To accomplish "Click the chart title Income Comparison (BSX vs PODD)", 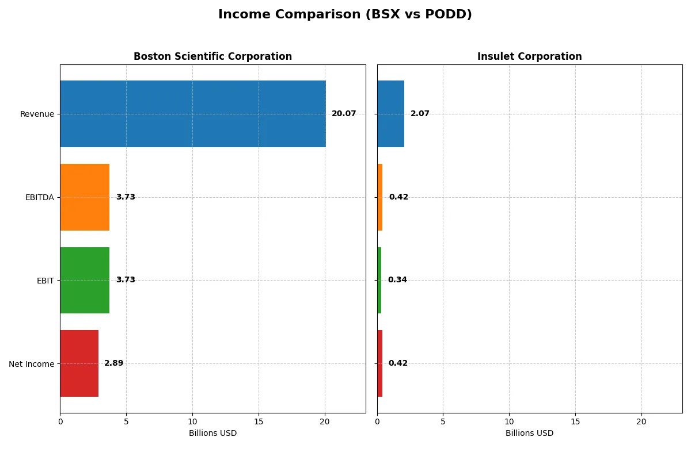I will click(345, 15).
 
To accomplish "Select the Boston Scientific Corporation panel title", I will click(212, 56).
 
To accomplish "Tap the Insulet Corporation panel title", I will click(529, 56).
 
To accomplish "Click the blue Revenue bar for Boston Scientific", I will click(193, 114).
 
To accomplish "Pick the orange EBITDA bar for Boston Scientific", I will click(85, 197).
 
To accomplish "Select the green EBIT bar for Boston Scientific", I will click(85, 280).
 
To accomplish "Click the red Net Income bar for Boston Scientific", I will click(79, 363).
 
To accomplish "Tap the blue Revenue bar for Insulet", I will click(390, 114).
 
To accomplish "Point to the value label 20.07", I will click(344, 114).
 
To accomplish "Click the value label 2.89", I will click(113, 363).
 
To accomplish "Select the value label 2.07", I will click(420, 114).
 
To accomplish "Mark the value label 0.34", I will click(397, 280).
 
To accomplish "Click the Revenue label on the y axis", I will click(37, 114).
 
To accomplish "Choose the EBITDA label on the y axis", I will click(39, 198).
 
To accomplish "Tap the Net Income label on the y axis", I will click(31, 364).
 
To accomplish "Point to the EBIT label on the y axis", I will click(45, 281).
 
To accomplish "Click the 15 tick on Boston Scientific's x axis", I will click(259, 421).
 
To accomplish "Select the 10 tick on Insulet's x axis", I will click(509, 421).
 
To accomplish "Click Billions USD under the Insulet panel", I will click(529, 434).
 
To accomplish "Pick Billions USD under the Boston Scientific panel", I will click(212, 434).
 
